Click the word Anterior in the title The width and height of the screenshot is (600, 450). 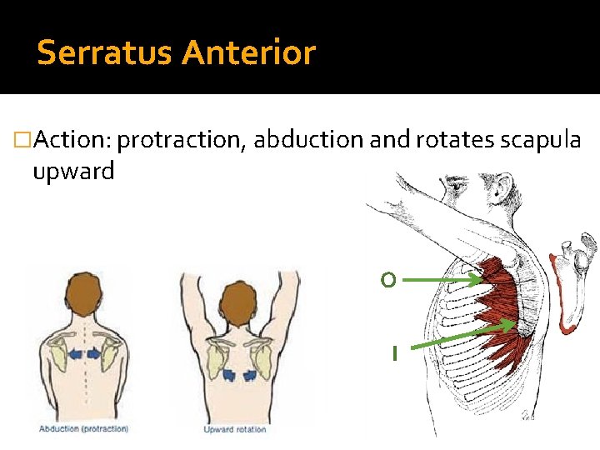pyautogui.click(x=249, y=53)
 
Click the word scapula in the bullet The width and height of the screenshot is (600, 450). pyautogui.click(x=540, y=140)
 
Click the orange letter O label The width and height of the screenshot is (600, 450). pyautogui.click(x=387, y=281)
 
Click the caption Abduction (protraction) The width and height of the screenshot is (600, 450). pyautogui.click(x=83, y=429)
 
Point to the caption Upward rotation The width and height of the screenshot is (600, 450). pyautogui.click(x=235, y=429)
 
